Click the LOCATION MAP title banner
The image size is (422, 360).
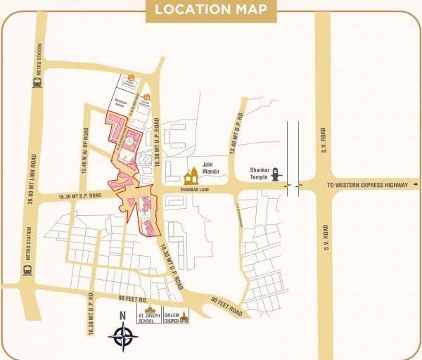211,9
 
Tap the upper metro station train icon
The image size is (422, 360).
37,82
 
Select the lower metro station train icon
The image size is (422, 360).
27,269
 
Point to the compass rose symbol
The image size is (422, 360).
123,337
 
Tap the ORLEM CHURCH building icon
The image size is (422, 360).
184,318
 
